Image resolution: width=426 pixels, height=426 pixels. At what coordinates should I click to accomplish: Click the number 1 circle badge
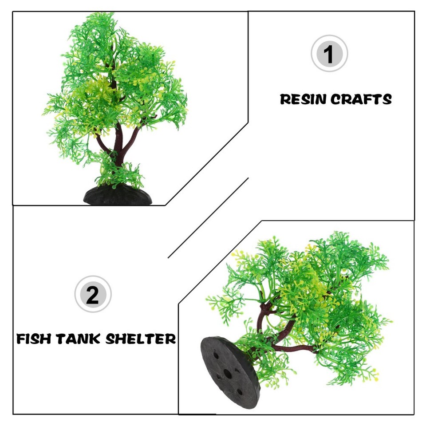click(x=329, y=54)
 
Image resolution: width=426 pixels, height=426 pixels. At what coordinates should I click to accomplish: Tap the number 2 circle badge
click(x=93, y=294)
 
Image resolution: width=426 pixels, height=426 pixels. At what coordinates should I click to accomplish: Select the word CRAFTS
click(x=362, y=99)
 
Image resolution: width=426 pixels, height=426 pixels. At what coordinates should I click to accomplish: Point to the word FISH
click(x=35, y=339)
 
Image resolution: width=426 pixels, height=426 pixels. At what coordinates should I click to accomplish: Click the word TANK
click(x=80, y=339)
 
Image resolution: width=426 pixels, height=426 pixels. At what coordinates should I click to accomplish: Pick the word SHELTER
click(x=141, y=339)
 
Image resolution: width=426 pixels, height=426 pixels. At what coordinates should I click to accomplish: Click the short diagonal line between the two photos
click(x=208, y=217)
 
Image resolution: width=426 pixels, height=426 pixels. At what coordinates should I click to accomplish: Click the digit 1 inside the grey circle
click(x=329, y=54)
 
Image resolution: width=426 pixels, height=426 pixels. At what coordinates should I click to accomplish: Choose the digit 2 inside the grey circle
click(x=93, y=295)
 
